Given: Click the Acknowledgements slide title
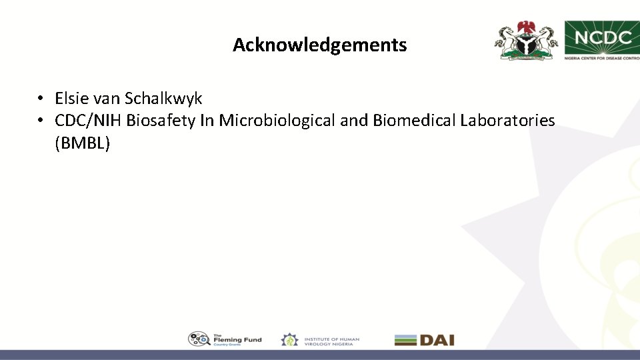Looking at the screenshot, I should click(x=319, y=45).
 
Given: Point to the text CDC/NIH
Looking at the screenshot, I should click(x=89, y=121).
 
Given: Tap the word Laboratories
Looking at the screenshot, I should click(x=507, y=121).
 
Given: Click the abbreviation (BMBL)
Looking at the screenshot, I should click(x=82, y=143).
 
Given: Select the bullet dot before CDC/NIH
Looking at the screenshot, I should click(x=41, y=121).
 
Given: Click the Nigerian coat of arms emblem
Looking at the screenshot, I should click(x=526, y=40).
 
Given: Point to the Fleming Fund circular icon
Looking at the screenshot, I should click(x=199, y=339).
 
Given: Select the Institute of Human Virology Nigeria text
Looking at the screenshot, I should click(x=331, y=340).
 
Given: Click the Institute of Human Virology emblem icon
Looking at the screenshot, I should click(x=289, y=340).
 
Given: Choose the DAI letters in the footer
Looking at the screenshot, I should click(x=437, y=340).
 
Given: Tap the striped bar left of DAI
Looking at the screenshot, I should click(x=405, y=340).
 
